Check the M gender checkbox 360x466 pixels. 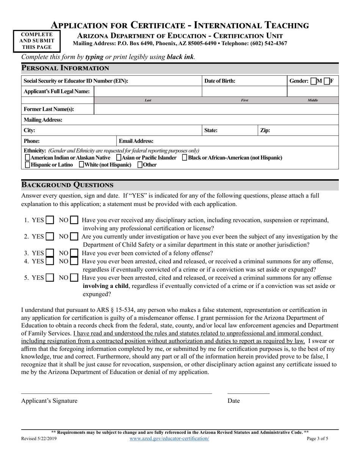(x=313, y=81)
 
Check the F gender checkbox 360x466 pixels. (x=327, y=81)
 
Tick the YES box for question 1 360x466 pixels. (x=50, y=220)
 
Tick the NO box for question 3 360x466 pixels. (x=75, y=253)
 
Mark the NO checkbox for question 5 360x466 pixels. (x=75, y=278)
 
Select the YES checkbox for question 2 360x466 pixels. (x=50, y=237)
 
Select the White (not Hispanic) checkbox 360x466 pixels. (x=81, y=165)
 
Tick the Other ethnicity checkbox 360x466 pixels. (x=140, y=165)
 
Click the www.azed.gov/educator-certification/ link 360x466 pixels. (x=169, y=438)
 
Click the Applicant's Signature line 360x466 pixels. (x=116, y=390)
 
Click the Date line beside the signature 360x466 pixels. (x=248, y=390)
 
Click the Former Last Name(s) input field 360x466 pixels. (x=216, y=109)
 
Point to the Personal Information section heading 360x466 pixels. (x=65, y=68)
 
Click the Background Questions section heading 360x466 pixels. (x=67, y=185)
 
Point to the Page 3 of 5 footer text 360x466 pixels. (x=318, y=438)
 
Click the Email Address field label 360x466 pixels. (x=136, y=141)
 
